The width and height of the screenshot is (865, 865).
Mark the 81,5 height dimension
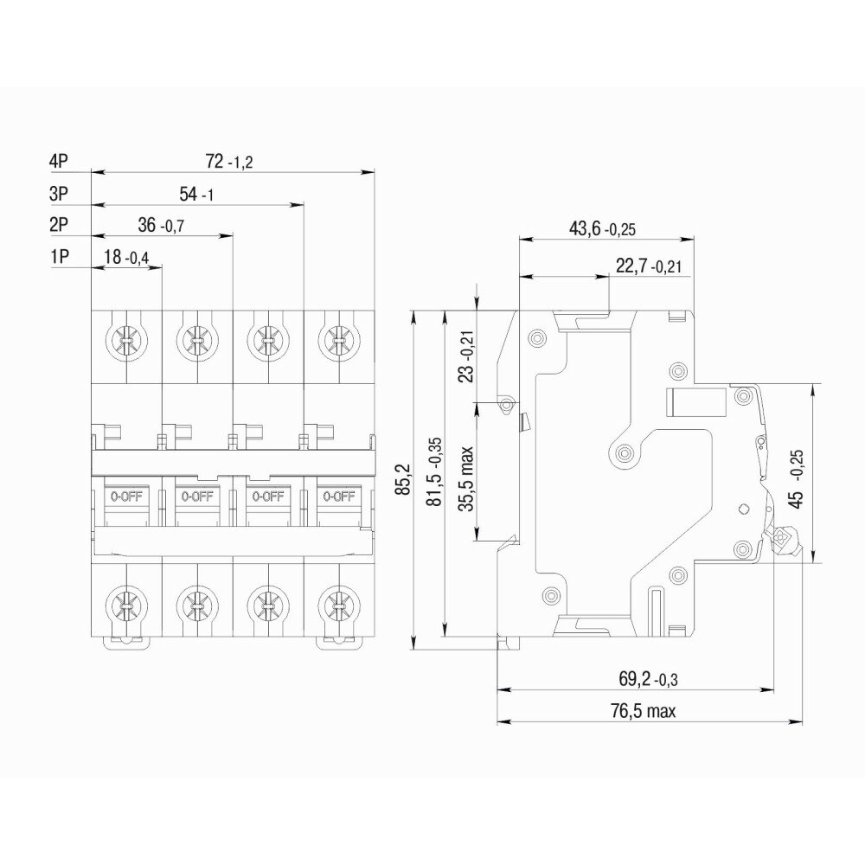click(436, 471)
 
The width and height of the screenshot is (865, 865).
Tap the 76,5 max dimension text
click(642, 711)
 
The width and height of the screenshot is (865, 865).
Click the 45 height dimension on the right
click(798, 474)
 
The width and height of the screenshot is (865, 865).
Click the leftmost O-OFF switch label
click(126, 496)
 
